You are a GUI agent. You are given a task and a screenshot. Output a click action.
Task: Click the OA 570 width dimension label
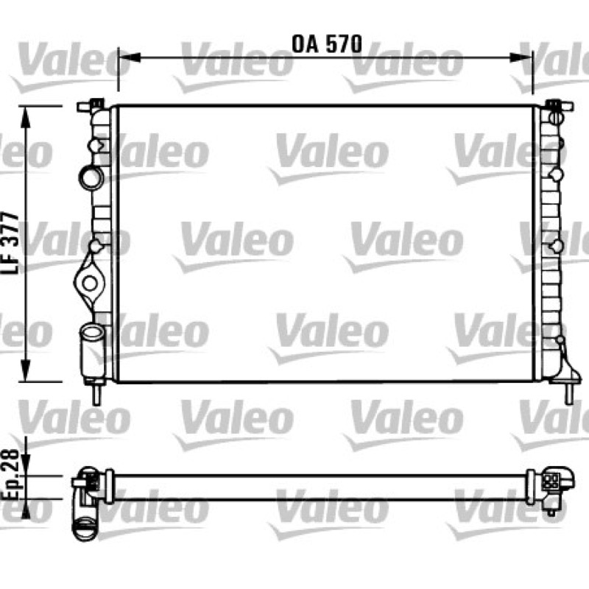327,44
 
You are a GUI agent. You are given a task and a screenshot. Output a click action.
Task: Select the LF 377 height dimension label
10,243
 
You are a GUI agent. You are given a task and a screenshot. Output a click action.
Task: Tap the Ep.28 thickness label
10,474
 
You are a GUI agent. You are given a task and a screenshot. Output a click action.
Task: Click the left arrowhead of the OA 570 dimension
129,57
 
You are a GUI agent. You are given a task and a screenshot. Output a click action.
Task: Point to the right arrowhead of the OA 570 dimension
521,57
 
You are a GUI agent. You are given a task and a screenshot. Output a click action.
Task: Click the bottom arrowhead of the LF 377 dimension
25,370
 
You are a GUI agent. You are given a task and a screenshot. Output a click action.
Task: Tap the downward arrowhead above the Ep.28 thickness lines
25,465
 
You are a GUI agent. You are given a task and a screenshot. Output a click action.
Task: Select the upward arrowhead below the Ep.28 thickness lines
25,509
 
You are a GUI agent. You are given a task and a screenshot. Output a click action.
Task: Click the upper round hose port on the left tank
91,177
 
